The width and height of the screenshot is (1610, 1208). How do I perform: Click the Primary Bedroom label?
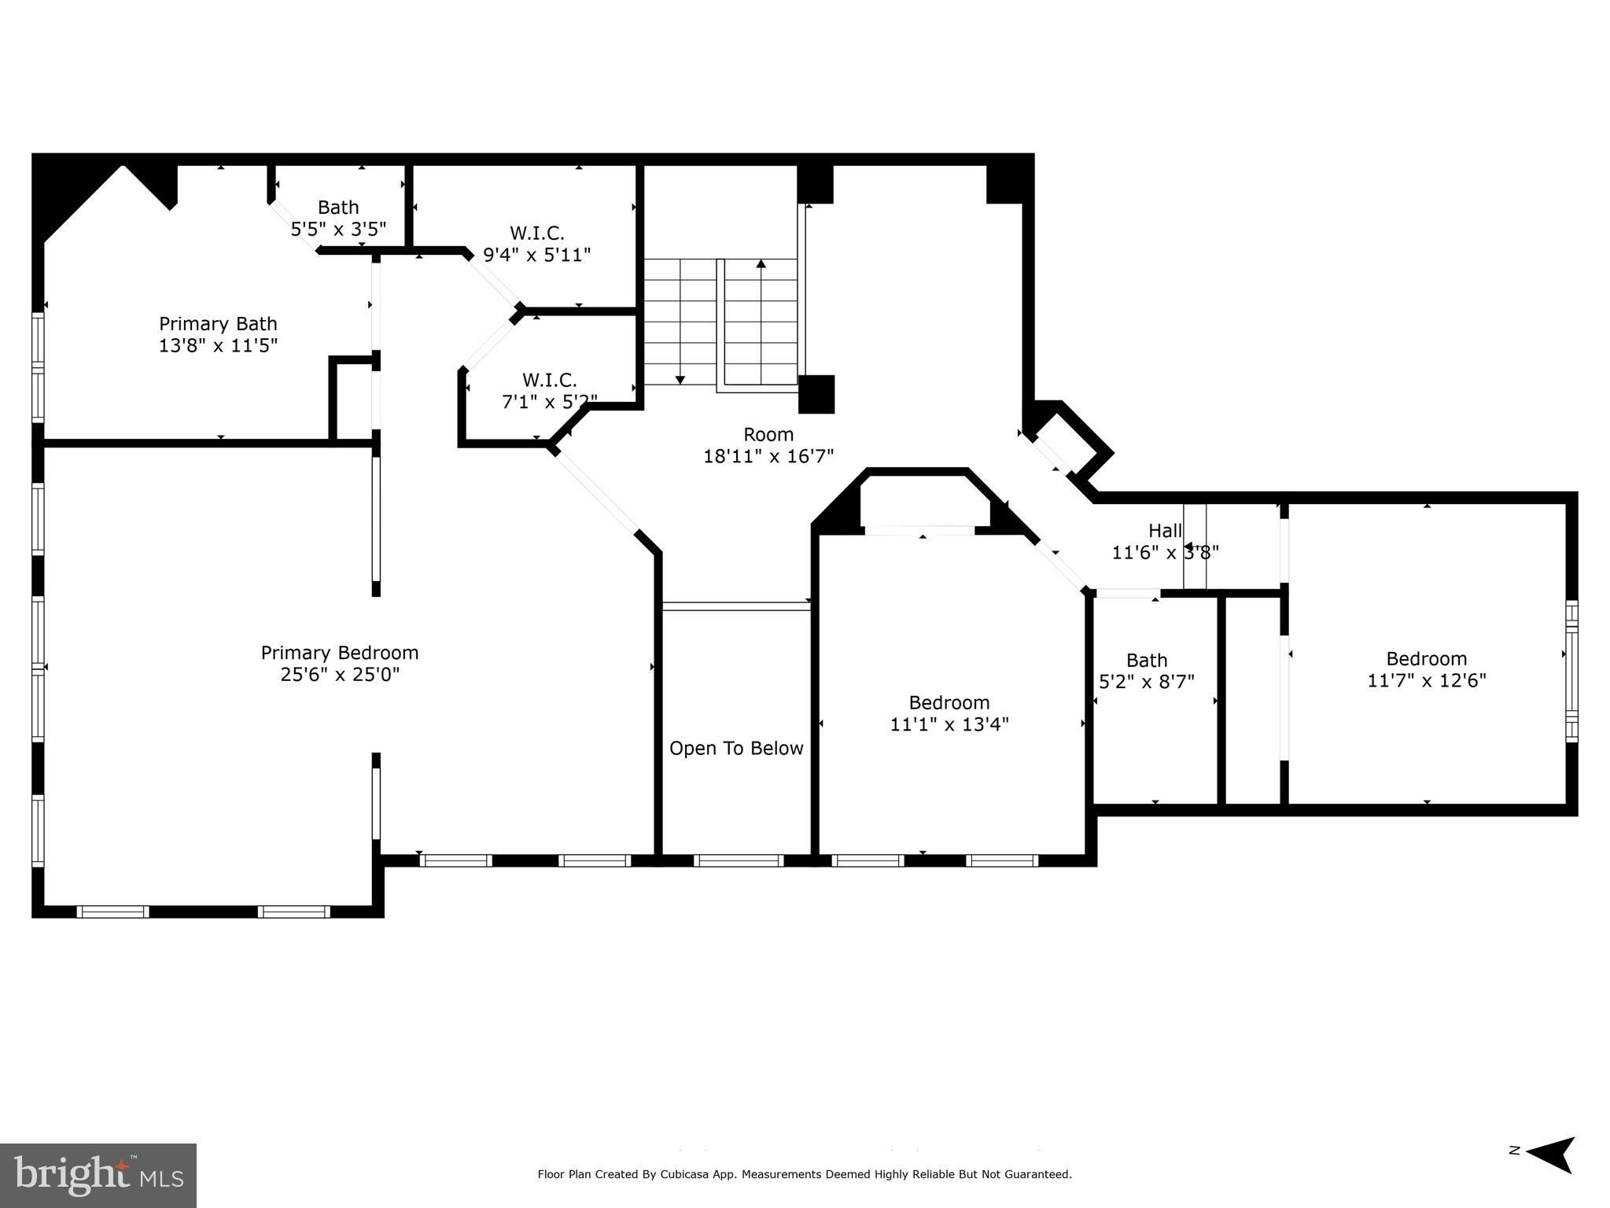339,653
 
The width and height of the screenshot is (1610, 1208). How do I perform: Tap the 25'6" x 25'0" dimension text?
339,675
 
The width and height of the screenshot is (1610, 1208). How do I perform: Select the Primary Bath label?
218,324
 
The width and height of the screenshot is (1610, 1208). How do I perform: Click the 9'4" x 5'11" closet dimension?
536,255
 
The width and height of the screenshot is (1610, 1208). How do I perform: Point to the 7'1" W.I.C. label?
549,381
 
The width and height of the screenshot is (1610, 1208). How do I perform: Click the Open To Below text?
736,749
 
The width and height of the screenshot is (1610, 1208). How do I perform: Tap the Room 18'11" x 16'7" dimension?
768,456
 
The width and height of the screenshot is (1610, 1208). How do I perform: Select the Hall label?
1165,530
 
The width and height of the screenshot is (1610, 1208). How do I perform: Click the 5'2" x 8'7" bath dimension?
1146,682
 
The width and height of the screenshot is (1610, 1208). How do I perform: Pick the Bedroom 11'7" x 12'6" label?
1426,659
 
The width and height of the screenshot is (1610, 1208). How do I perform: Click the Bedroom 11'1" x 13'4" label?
949,702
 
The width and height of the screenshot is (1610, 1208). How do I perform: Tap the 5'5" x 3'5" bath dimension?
338,230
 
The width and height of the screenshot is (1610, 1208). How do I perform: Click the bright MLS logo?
98,1176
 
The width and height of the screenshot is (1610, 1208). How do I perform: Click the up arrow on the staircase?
761,264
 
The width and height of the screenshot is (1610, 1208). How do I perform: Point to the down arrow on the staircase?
680,380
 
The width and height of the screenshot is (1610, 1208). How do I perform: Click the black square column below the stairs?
816,394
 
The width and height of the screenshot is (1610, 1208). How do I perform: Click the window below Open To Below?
738,860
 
